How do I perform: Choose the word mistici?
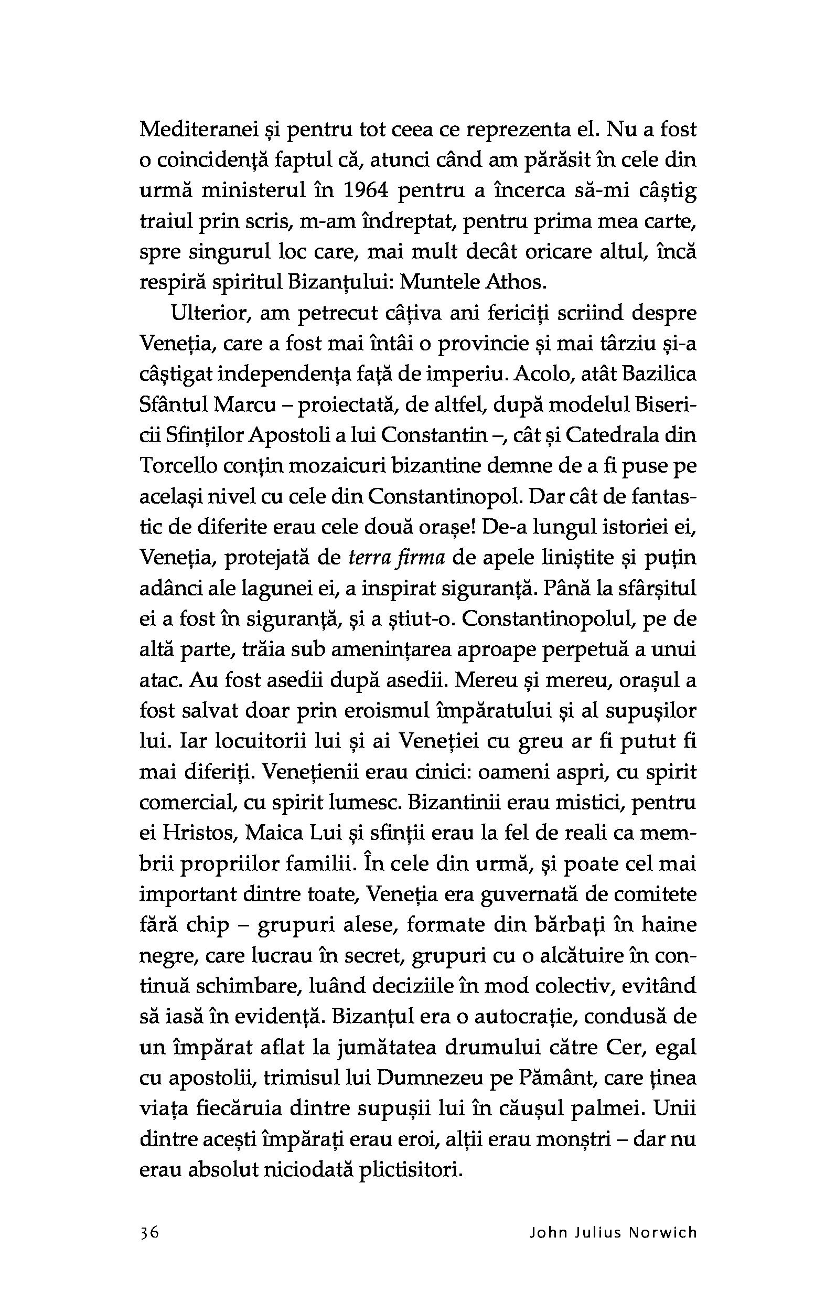coord(586,803)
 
